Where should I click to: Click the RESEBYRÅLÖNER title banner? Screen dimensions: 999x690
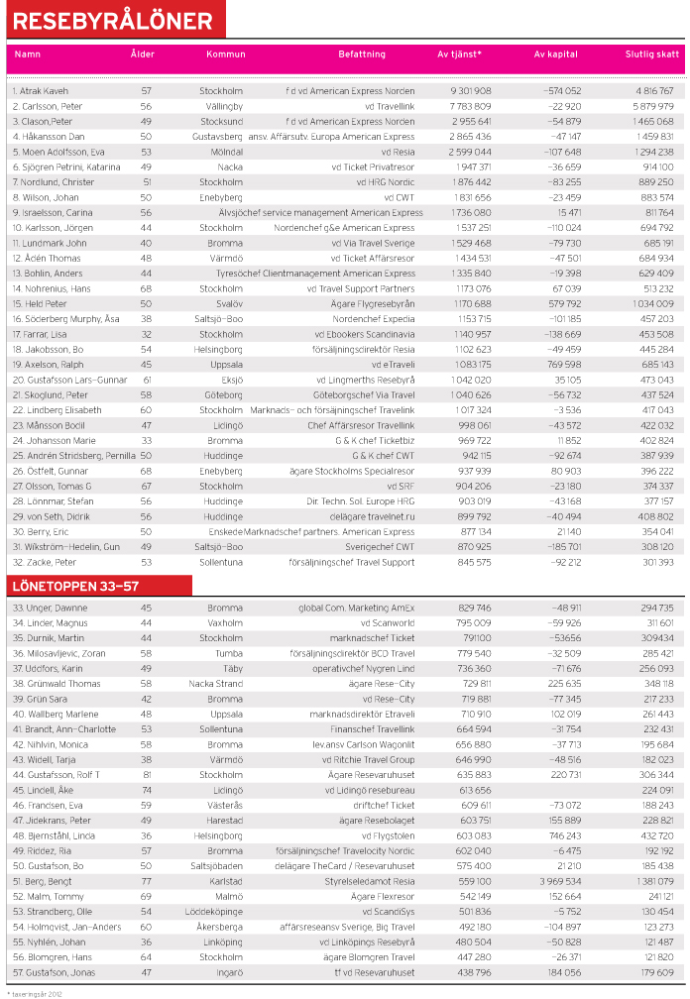[113, 21]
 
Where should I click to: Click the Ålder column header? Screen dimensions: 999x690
[143, 55]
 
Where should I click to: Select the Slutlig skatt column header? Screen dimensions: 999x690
[652, 55]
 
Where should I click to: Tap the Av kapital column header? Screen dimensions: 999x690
[555, 55]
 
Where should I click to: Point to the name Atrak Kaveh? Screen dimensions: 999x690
[41, 91]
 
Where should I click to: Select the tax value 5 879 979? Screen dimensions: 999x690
[651, 106]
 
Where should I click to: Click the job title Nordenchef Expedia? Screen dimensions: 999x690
[374, 319]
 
